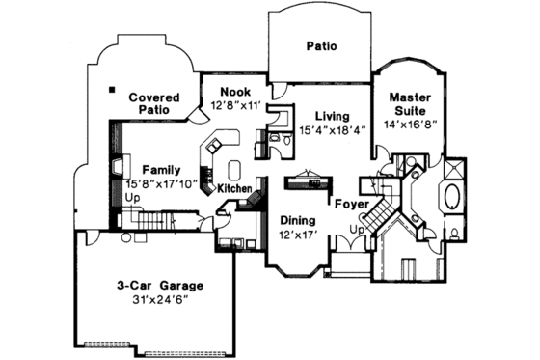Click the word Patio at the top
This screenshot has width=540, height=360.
click(321, 45)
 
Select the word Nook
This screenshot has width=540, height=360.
click(236, 93)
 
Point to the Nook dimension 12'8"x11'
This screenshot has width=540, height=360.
click(236, 106)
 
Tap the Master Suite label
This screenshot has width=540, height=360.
click(416, 103)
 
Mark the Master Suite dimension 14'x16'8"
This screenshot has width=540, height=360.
click(416, 124)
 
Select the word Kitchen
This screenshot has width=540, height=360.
click(234, 188)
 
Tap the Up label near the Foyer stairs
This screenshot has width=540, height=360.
click(356, 230)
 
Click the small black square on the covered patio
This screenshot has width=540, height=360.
click(112, 90)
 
